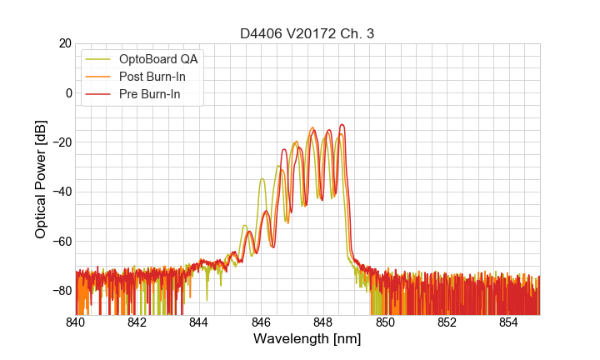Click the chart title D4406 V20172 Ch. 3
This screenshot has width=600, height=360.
(307, 33)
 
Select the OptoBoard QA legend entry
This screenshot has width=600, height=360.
(158, 59)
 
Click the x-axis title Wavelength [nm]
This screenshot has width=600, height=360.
(307, 339)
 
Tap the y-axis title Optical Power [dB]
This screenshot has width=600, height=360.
(41, 179)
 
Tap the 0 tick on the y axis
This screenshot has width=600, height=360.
(68, 92)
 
